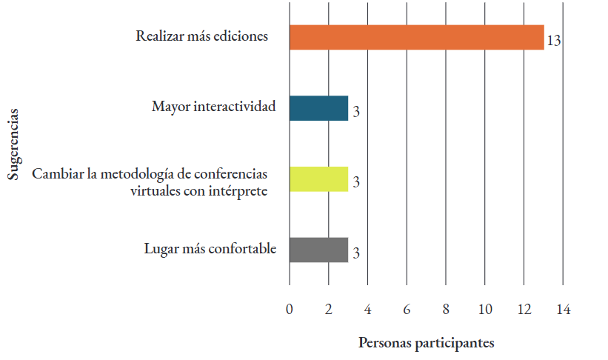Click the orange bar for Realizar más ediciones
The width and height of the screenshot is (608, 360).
pos(416,38)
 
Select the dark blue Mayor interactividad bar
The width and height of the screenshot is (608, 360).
pos(318,109)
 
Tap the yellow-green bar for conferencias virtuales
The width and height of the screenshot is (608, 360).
pos(318,179)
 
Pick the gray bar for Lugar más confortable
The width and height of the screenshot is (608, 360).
pos(318,250)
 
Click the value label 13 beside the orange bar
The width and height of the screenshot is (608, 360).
pos(553,40)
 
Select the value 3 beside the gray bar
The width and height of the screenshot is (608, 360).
pos(356,253)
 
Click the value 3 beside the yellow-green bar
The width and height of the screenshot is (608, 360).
pos(356,182)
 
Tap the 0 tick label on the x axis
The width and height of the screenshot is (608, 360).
pos(290,310)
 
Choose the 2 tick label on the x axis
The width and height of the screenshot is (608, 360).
pos(329,310)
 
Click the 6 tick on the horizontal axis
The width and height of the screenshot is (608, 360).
pos(407,310)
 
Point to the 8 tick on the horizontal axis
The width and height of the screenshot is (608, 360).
pos(446,310)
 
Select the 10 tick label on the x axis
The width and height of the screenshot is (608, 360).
pos(484,310)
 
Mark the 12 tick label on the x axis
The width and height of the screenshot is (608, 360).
pos(524,310)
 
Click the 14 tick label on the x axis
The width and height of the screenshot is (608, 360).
pos(563,310)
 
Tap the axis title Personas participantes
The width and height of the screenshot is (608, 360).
pos(426,343)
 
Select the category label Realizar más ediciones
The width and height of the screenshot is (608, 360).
pos(201,36)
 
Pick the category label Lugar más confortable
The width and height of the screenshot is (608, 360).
pos(210,248)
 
